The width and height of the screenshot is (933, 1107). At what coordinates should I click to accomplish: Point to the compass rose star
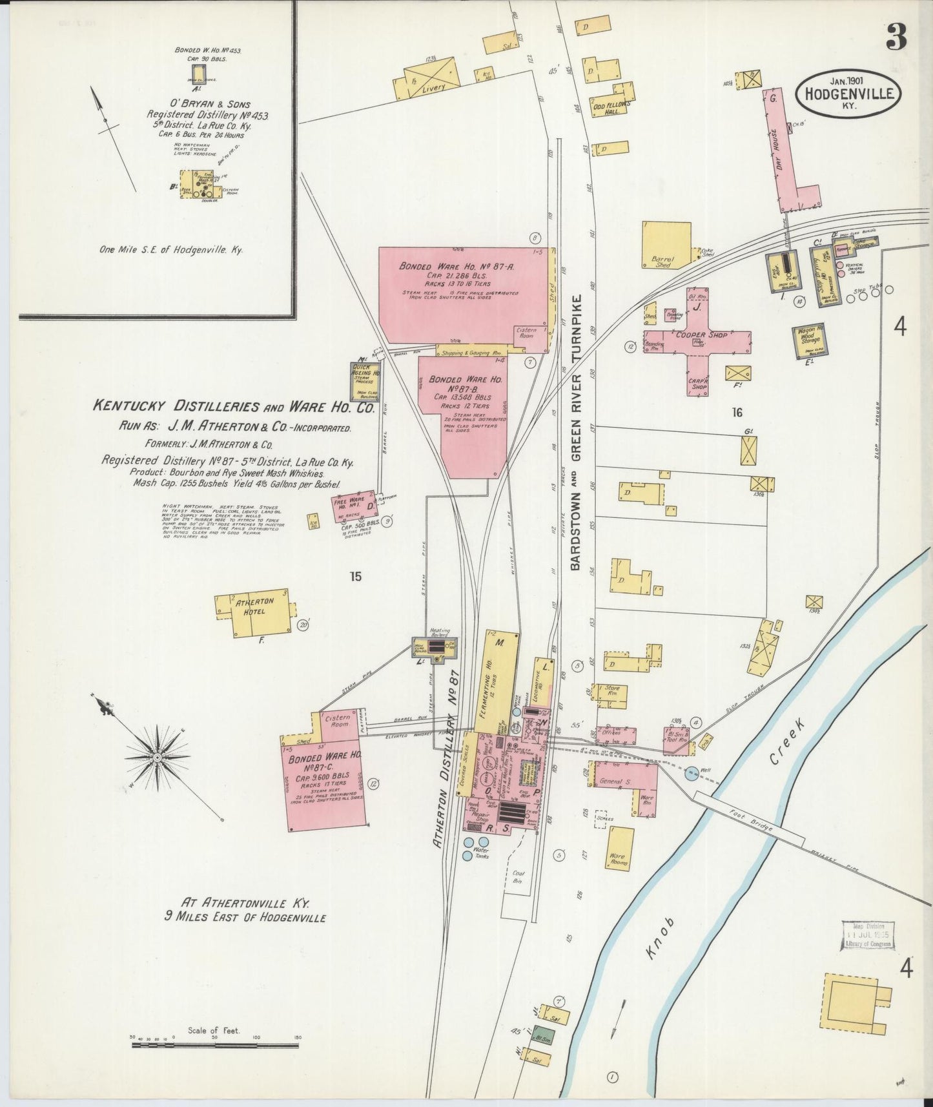[x=157, y=756]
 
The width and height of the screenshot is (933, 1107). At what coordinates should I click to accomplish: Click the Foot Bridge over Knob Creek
[x=749, y=820]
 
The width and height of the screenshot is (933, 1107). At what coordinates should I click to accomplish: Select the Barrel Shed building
[x=666, y=245]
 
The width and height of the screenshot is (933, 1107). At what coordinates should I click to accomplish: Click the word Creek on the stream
[x=786, y=742]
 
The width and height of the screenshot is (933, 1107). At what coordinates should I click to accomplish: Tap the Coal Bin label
[x=518, y=876]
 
